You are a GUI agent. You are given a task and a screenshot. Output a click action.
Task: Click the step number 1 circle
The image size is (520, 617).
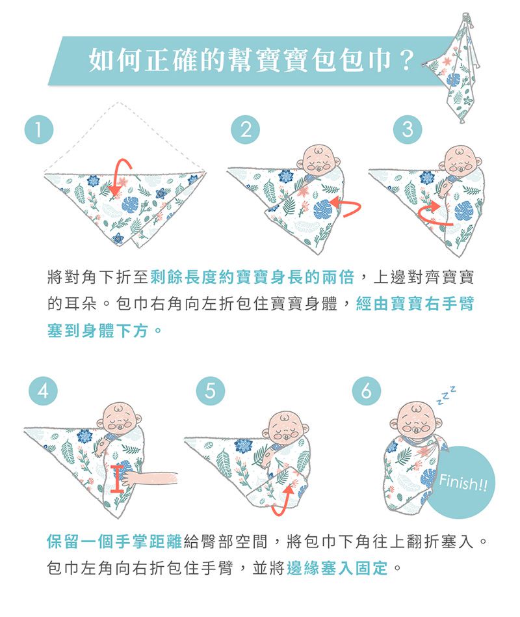[x=39, y=129]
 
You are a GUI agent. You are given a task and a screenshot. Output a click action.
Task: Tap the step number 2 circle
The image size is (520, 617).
[x=245, y=129]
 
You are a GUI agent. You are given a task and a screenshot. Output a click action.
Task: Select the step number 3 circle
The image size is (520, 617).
[x=408, y=129]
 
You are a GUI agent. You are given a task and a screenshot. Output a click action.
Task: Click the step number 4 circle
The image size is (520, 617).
[x=44, y=391]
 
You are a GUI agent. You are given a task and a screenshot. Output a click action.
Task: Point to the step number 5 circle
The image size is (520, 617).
[x=211, y=391]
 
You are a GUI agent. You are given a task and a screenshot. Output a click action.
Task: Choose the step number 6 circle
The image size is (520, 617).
[x=367, y=391]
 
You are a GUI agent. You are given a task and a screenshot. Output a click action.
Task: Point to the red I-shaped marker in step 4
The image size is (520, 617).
[x=117, y=478]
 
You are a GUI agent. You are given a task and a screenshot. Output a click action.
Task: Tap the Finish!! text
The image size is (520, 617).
[x=463, y=482]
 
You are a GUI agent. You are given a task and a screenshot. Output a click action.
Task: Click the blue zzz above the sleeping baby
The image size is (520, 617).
[x=447, y=396]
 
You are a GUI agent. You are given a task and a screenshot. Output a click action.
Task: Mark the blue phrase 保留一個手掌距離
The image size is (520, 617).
[x=114, y=542]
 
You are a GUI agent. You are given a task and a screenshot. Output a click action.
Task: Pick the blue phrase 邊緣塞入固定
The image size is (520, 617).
[x=337, y=568]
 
